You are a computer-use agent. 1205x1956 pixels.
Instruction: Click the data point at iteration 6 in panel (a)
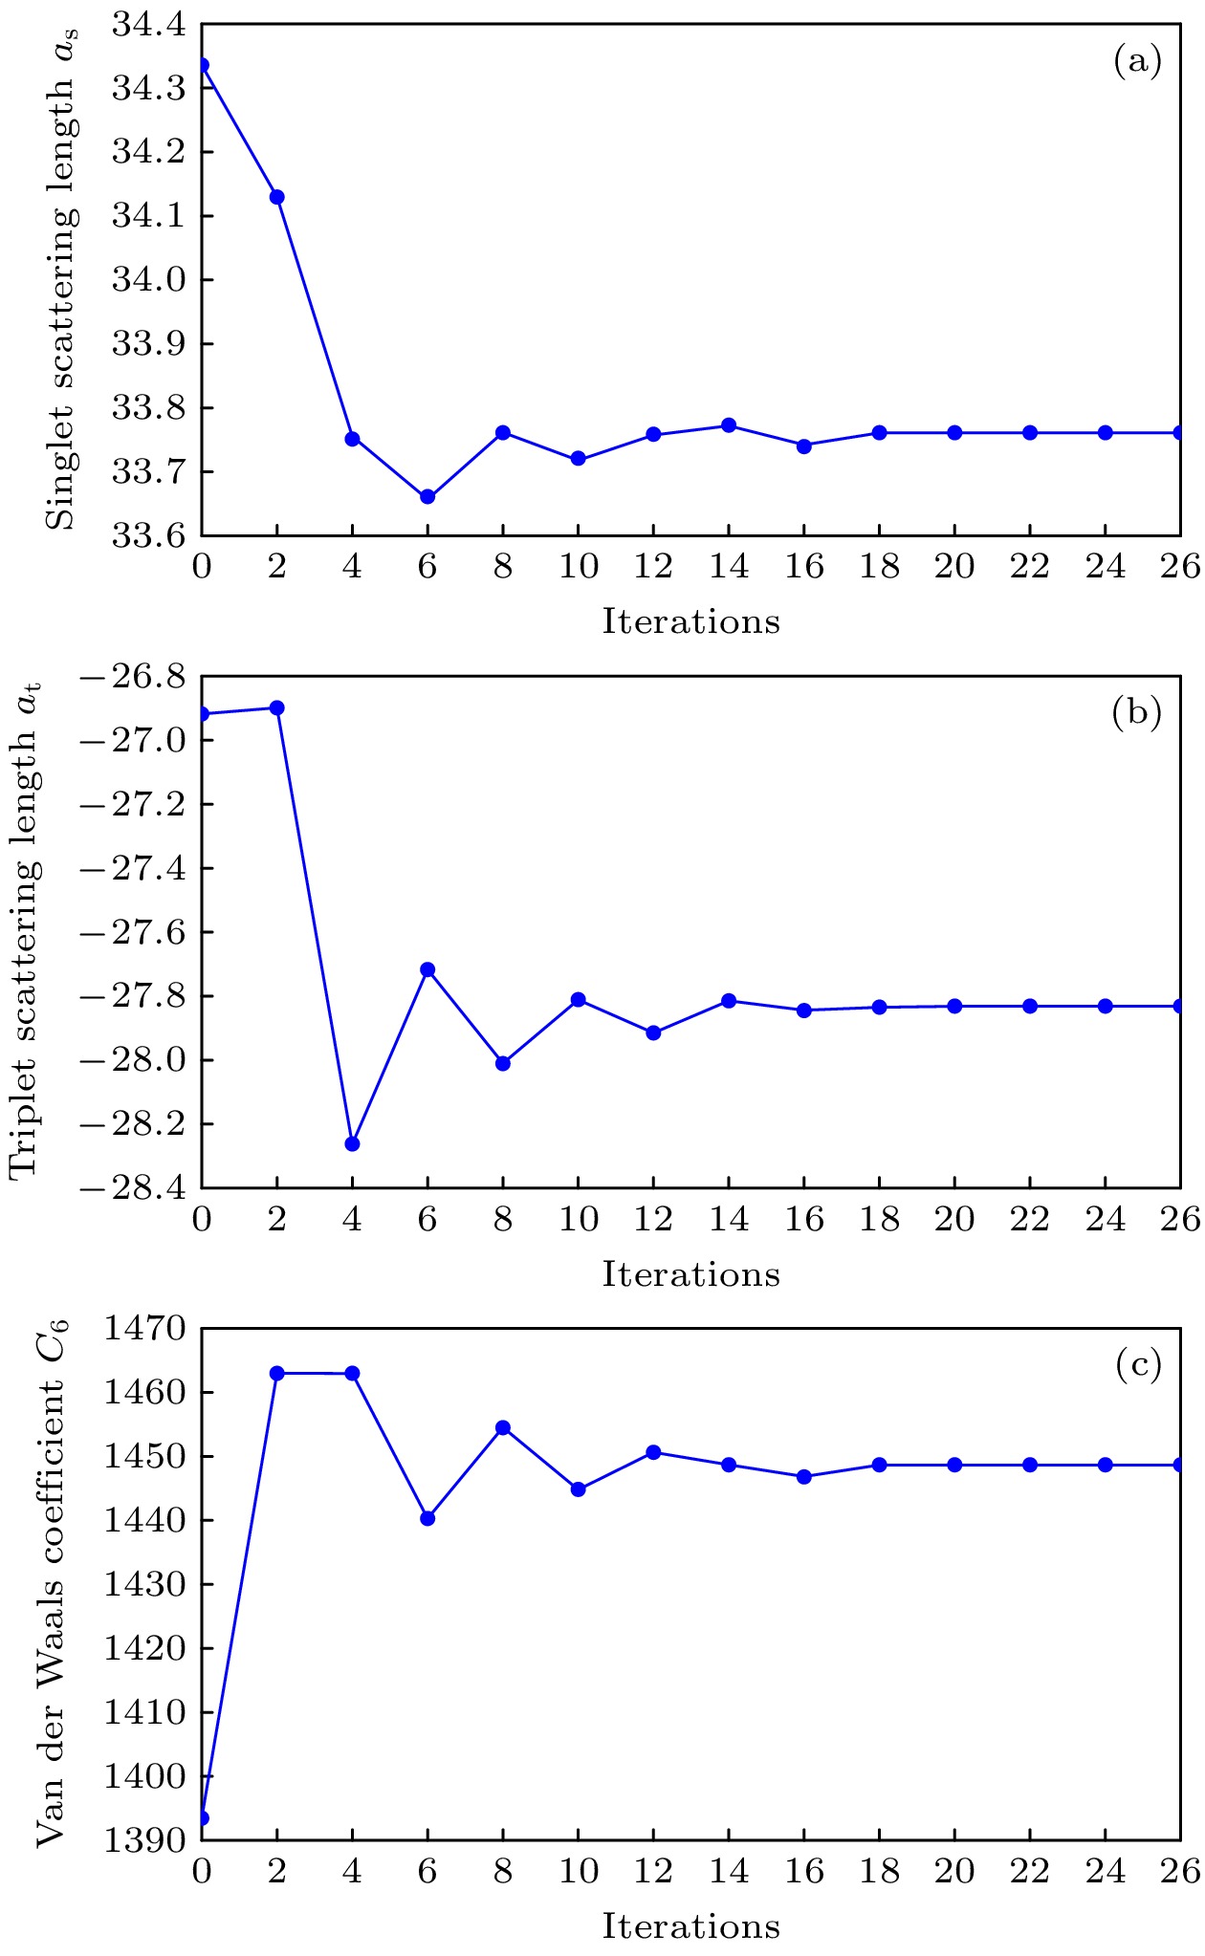tap(427, 497)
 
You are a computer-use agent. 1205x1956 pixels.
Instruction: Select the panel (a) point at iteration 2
tap(277, 197)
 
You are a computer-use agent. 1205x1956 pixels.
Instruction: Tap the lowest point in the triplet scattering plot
tap(352, 1143)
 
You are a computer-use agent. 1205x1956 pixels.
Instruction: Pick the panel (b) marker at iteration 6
tap(427, 969)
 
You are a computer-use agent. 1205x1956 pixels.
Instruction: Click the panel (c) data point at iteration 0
tap(202, 1818)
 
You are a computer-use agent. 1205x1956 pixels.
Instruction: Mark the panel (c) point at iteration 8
tap(503, 1428)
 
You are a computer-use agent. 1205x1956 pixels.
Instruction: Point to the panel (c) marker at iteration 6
tap(427, 1518)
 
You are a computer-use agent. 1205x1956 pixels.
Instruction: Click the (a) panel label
tap(1137, 62)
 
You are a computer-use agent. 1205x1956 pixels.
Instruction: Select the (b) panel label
tap(1137, 713)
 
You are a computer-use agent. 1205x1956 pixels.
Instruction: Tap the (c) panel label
tap(1137, 1365)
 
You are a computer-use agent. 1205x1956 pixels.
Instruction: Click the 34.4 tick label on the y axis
tap(148, 25)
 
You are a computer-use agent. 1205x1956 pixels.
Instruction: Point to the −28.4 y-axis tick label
tap(133, 1188)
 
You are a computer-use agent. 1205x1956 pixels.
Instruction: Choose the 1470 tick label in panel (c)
tap(144, 1329)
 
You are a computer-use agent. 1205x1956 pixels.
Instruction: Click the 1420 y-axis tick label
tap(144, 1648)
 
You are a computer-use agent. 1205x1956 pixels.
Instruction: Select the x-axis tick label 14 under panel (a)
tap(729, 567)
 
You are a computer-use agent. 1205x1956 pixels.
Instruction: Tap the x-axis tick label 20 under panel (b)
tap(954, 1220)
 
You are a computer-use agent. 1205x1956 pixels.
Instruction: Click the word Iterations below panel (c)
tap(690, 1926)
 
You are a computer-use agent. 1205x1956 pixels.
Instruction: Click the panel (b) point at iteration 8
tap(503, 1063)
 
